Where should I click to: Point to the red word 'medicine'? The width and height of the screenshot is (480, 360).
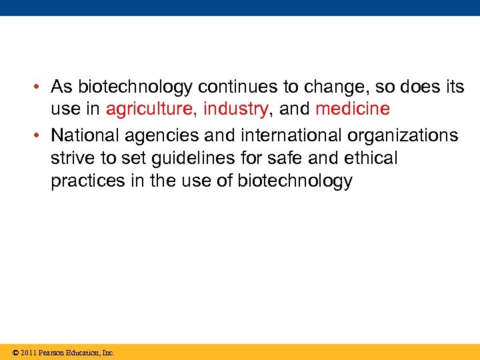352,108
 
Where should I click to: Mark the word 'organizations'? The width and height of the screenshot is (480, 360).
403,135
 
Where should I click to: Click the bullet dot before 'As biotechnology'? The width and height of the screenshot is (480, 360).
41,87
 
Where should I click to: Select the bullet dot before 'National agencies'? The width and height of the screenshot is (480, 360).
41,135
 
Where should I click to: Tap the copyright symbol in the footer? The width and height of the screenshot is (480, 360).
15,353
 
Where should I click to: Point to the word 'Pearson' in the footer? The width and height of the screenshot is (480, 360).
52,353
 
